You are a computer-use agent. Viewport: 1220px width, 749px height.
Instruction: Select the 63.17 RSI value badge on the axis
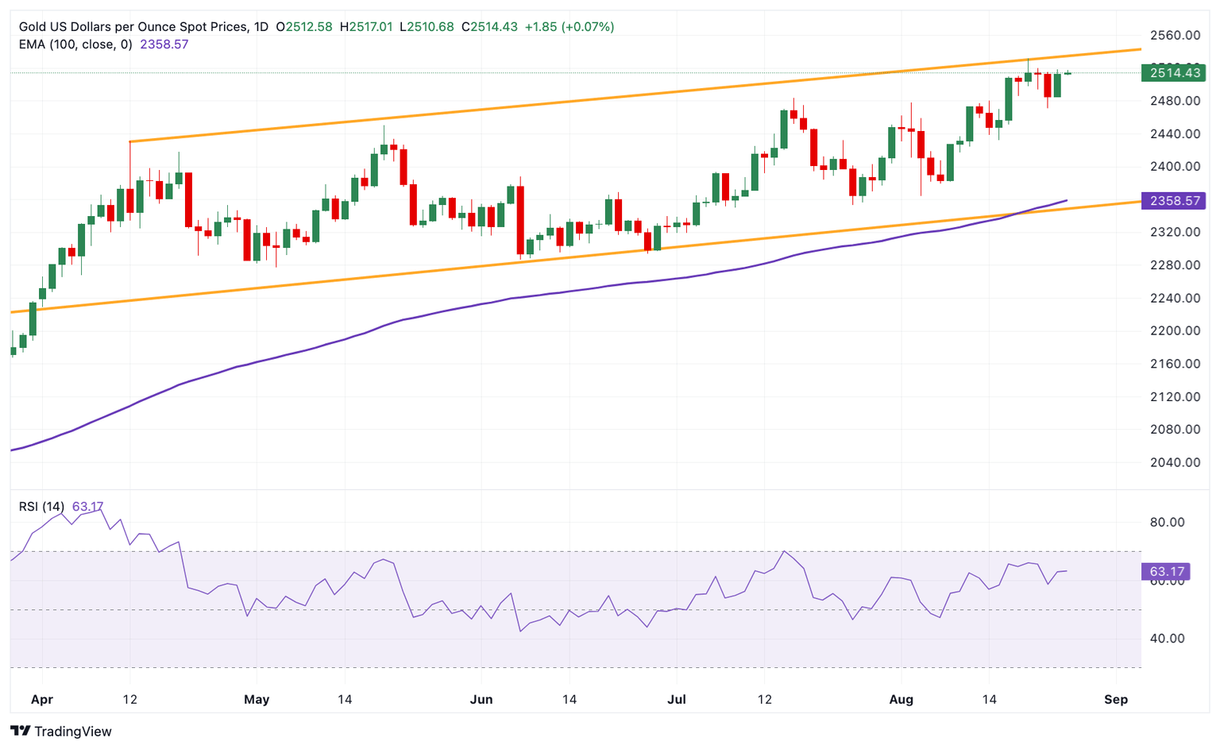tap(1166, 572)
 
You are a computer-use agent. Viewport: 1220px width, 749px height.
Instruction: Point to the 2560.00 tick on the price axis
tap(1175, 35)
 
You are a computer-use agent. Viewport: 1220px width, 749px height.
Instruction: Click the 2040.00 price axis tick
tap(1175, 462)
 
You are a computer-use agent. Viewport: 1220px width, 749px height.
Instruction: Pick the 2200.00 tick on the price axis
tap(1175, 330)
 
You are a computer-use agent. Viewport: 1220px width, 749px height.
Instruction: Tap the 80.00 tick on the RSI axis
tap(1167, 522)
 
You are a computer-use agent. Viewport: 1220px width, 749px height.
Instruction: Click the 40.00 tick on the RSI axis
tap(1167, 639)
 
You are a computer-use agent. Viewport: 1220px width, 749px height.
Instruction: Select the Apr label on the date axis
tap(41, 700)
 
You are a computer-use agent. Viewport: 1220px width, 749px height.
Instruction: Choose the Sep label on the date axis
tap(1116, 700)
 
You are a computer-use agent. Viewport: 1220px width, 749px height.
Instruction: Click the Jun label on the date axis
tap(481, 700)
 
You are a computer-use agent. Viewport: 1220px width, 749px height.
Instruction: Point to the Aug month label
tap(901, 700)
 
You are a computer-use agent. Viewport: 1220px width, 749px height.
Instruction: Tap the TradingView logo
tap(61, 732)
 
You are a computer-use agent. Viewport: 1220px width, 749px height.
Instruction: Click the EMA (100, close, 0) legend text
tap(75, 44)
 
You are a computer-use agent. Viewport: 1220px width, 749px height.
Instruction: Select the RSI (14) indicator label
tap(42, 507)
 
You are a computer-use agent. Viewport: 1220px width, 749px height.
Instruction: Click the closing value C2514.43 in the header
tap(489, 27)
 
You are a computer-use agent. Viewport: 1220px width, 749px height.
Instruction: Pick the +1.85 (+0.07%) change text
tap(569, 27)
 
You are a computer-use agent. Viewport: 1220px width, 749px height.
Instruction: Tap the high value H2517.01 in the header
tap(366, 27)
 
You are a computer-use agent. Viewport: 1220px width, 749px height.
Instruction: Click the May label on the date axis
tap(257, 700)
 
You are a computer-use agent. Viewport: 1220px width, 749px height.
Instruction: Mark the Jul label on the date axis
tap(677, 700)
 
